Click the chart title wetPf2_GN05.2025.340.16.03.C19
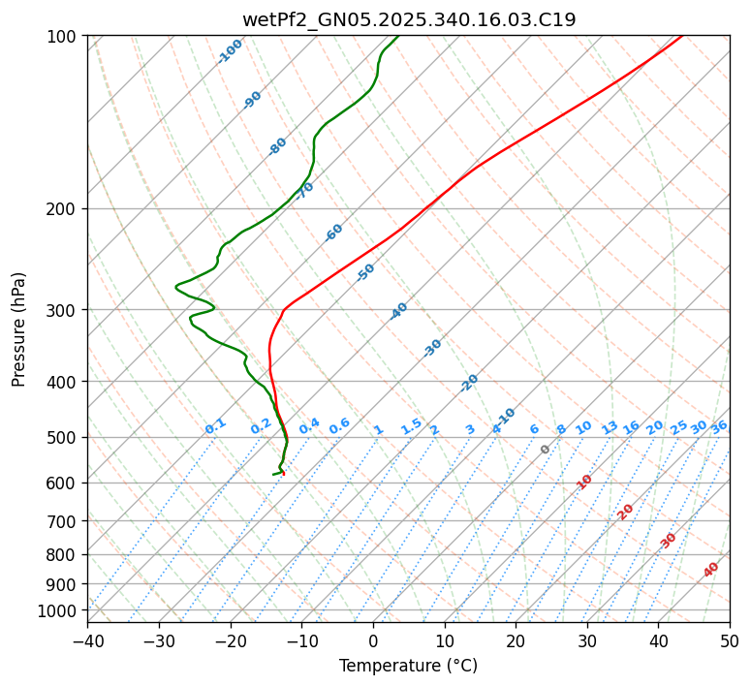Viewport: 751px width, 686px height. coord(408,19)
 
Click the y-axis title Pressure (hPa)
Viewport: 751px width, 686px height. coord(18,328)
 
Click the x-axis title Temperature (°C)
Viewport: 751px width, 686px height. coord(408,667)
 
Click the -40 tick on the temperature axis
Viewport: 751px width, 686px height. coord(87,640)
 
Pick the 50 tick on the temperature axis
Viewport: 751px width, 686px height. coord(730,640)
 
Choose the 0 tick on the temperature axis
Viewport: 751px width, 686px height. coord(373,640)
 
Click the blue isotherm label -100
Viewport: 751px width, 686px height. coord(230,51)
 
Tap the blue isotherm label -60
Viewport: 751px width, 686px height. coord(333,233)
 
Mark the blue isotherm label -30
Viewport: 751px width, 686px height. coord(432,348)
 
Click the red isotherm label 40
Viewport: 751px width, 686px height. coord(711,570)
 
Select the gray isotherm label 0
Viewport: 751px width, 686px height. coord(546,450)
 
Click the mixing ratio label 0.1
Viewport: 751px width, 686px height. coord(215,426)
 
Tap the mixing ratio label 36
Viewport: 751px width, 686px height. coord(719,426)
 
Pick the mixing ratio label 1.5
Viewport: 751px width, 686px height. coord(411,426)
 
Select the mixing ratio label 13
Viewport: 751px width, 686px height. coord(610,427)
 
